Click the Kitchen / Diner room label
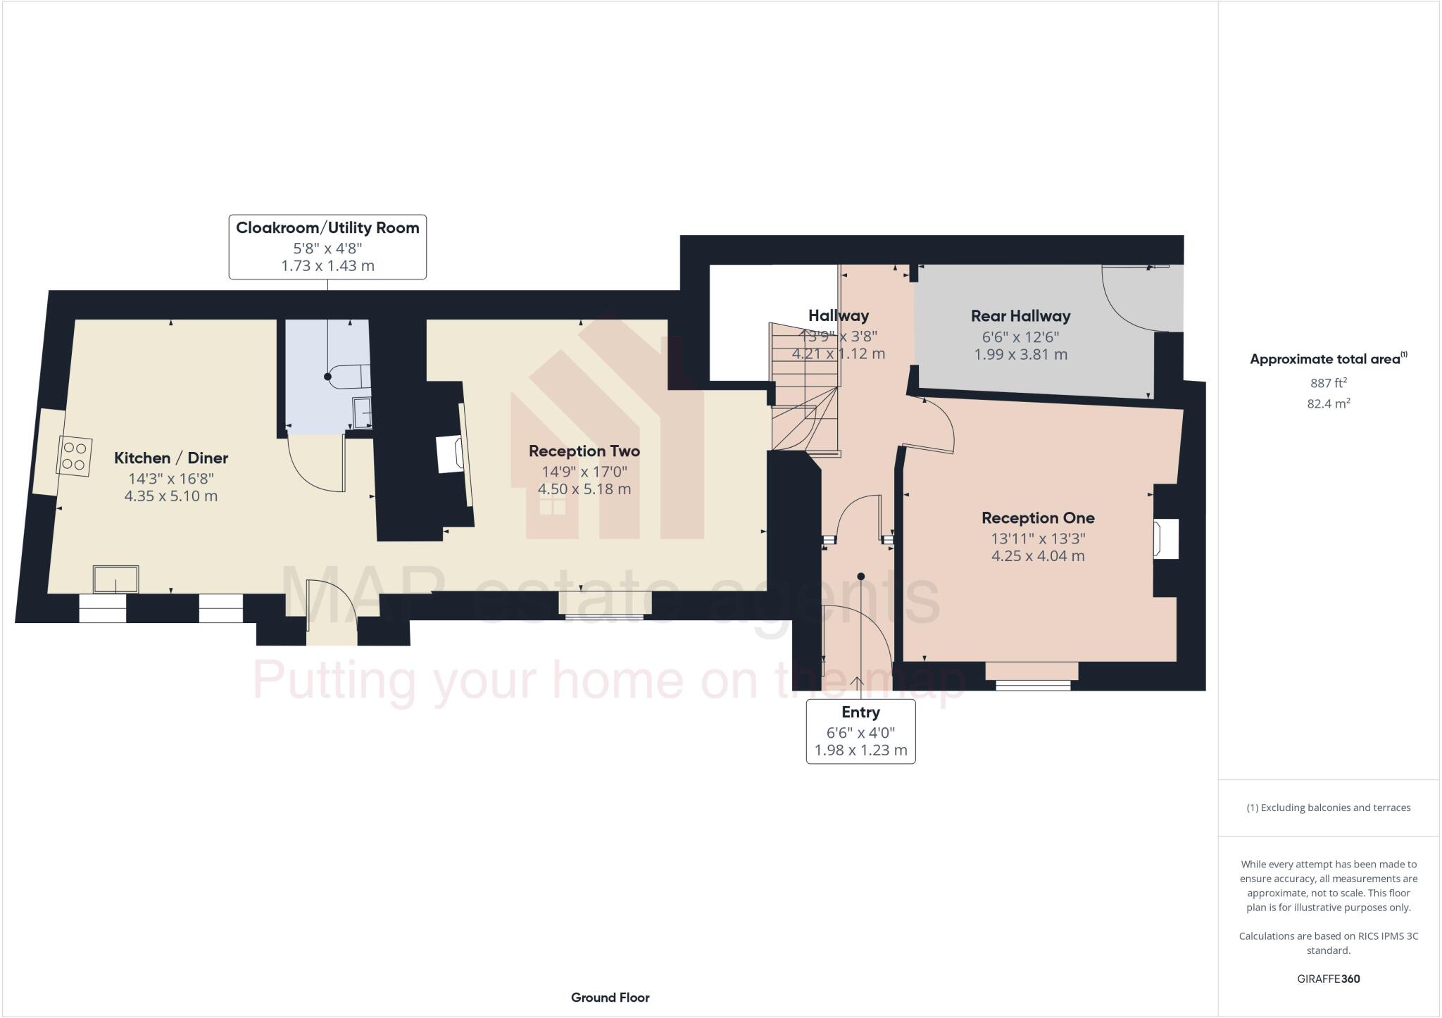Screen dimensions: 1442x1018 pyautogui.click(x=171, y=458)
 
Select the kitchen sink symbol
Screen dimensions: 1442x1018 pyautogui.click(x=117, y=579)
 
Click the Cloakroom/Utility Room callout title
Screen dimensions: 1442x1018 pyautogui.click(x=327, y=228)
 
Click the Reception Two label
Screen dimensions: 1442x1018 pyautogui.click(x=584, y=451)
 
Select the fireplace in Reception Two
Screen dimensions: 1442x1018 pyautogui.click(x=451, y=454)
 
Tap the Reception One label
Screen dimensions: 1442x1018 pyautogui.click(x=1038, y=518)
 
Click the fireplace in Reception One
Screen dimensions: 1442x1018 pyautogui.click(x=1165, y=539)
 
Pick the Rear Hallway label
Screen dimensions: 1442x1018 pyautogui.click(x=1020, y=316)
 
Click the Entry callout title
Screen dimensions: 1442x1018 pyautogui.click(x=860, y=712)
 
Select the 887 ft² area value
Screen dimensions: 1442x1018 pyautogui.click(x=1328, y=383)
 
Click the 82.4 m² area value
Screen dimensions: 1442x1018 pyautogui.click(x=1328, y=403)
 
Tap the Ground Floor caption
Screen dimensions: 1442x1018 pyautogui.click(x=610, y=998)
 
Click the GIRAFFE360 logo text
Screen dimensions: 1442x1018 pyautogui.click(x=1328, y=979)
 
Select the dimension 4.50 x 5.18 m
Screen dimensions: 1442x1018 pyautogui.click(x=584, y=489)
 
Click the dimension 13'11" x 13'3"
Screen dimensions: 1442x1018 pyautogui.click(x=1038, y=539)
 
